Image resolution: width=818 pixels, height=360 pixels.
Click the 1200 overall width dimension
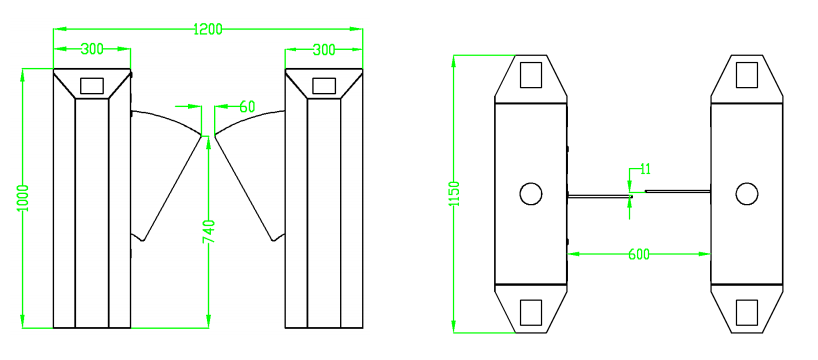208,29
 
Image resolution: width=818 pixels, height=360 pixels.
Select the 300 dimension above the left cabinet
92,50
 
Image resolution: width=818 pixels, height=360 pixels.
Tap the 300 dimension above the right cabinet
324,50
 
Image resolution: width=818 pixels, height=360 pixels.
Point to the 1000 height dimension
23,198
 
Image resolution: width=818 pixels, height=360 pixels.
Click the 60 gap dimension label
247,107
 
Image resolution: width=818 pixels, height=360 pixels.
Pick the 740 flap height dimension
208,232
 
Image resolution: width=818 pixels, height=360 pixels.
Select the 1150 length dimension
454,194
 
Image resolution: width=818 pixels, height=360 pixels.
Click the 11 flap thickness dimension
645,169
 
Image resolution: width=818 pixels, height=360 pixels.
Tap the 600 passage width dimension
639,254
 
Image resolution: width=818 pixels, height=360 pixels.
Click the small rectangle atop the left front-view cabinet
92,86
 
